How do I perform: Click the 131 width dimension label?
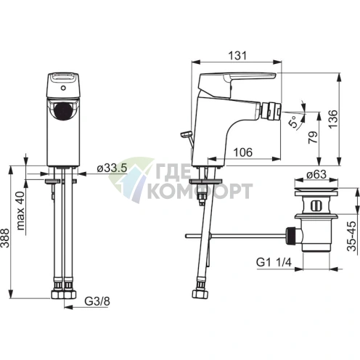pos(238,55)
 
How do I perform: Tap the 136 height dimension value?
pos(333,119)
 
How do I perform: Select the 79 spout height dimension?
pos(313,137)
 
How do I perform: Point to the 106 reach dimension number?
pos(243,152)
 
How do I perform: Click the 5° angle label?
pos(294,122)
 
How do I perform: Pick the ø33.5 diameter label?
pos(112,168)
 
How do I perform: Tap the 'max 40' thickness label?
pos(21,210)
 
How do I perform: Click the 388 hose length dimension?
pos(4,238)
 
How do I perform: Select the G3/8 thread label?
pos(97,301)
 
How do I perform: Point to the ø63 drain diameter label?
pos(316,174)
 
